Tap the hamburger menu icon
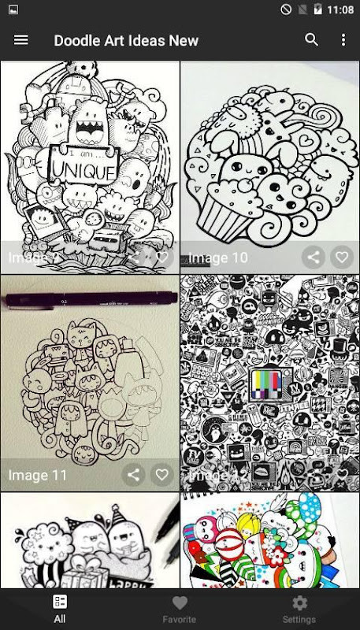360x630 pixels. coord(21,40)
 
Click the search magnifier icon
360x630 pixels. coord(312,40)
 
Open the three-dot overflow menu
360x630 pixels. coord(343,40)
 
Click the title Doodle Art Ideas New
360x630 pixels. coord(126,40)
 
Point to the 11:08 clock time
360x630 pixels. coord(340,10)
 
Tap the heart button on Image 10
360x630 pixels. coord(341,257)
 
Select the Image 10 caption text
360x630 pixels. coord(217,258)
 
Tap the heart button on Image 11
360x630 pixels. coord(161,475)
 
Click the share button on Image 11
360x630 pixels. coord(134,475)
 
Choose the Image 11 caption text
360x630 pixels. coord(38,475)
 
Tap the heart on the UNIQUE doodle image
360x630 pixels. coord(161,257)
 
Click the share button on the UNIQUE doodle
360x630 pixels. coord(134,257)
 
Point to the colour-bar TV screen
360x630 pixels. coord(269,387)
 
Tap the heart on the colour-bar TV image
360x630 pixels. coord(341,475)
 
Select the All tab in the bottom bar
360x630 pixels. coord(60,609)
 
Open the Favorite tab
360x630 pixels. coord(180,609)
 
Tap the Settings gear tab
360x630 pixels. coord(299,609)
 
